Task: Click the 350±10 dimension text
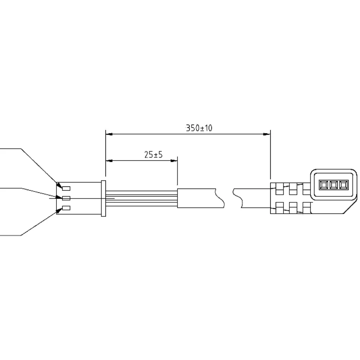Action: (x=199, y=128)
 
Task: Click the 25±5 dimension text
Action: (x=153, y=154)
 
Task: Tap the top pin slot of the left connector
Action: (x=66, y=188)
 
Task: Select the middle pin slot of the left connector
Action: (x=66, y=198)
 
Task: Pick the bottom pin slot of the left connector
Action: (x=66, y=208)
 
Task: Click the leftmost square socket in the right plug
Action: (x=324, y=185)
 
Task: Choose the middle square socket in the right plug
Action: (x=334, y=185)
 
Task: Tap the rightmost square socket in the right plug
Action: (x=344, y=185)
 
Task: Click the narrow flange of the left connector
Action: (x=104, y=198)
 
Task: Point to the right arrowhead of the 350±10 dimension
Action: (x=267, y=134)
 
